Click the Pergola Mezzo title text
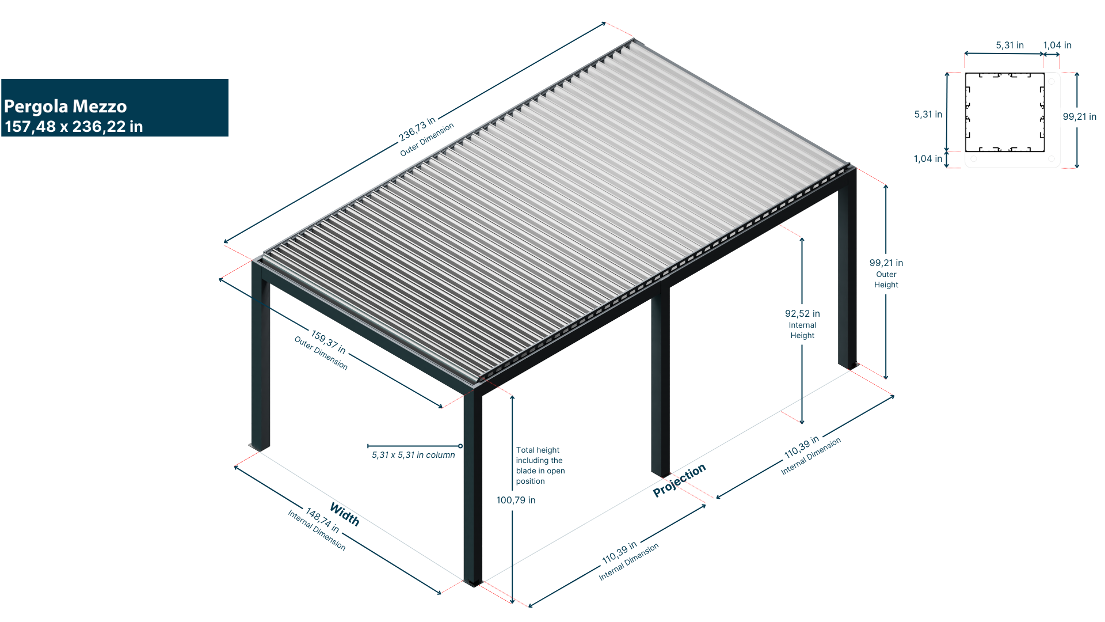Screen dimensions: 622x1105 [x=65, y=107]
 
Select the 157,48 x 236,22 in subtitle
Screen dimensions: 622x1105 [x=74, y=127]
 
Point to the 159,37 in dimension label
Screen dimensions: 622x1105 [x=328, y=342]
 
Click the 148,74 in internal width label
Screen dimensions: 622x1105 [x=322, y=520]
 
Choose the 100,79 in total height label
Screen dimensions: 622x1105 [x=516, y=500]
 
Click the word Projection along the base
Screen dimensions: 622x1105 [x=679, y=480]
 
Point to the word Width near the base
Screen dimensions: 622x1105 [x=345, y=514]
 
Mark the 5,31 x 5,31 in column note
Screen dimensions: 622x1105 [x=413, y=455]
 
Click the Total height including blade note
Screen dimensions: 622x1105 [x=539, y=465]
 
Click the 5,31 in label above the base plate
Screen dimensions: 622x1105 [x=1009, y=45]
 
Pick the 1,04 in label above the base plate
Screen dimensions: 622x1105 [x=1057, y=45]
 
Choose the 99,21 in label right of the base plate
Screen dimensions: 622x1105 [x=1079, y=117]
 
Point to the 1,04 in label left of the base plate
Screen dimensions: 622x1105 [x=928, y=159]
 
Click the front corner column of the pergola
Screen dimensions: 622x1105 [x=473, y=490]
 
